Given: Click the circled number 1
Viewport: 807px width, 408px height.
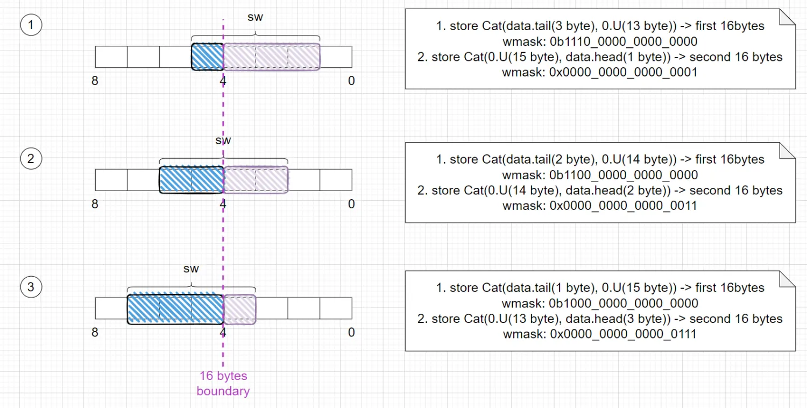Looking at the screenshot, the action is pos(31,25).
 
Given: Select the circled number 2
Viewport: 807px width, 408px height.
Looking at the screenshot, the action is pos(31,159).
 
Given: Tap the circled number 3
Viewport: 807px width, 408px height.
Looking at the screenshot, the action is pos(31,287).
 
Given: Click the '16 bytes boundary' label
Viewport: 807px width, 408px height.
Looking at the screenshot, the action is pos(223,383).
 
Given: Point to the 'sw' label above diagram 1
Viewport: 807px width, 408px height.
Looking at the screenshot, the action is pos(255,17).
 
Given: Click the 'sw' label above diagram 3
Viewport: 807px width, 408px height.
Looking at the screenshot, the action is pos(191,269).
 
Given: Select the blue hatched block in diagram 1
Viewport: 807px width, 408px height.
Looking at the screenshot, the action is pos(208,57).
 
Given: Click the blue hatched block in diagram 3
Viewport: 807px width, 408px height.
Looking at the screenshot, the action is pos(175,309).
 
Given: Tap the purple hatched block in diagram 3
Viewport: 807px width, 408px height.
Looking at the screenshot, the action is pos(239,309).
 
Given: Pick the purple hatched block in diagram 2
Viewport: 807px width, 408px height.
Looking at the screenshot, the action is pos(256,180).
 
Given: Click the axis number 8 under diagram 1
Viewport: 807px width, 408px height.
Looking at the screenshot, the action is pos(95,81).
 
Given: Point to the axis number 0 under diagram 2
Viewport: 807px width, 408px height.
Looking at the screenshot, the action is pos(351,204).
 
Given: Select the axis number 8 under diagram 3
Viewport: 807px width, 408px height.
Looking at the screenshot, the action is pos(95,332).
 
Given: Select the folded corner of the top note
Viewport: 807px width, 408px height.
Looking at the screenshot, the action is pos(787,17).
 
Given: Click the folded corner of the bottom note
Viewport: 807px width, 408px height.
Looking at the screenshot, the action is pos(787,279).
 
